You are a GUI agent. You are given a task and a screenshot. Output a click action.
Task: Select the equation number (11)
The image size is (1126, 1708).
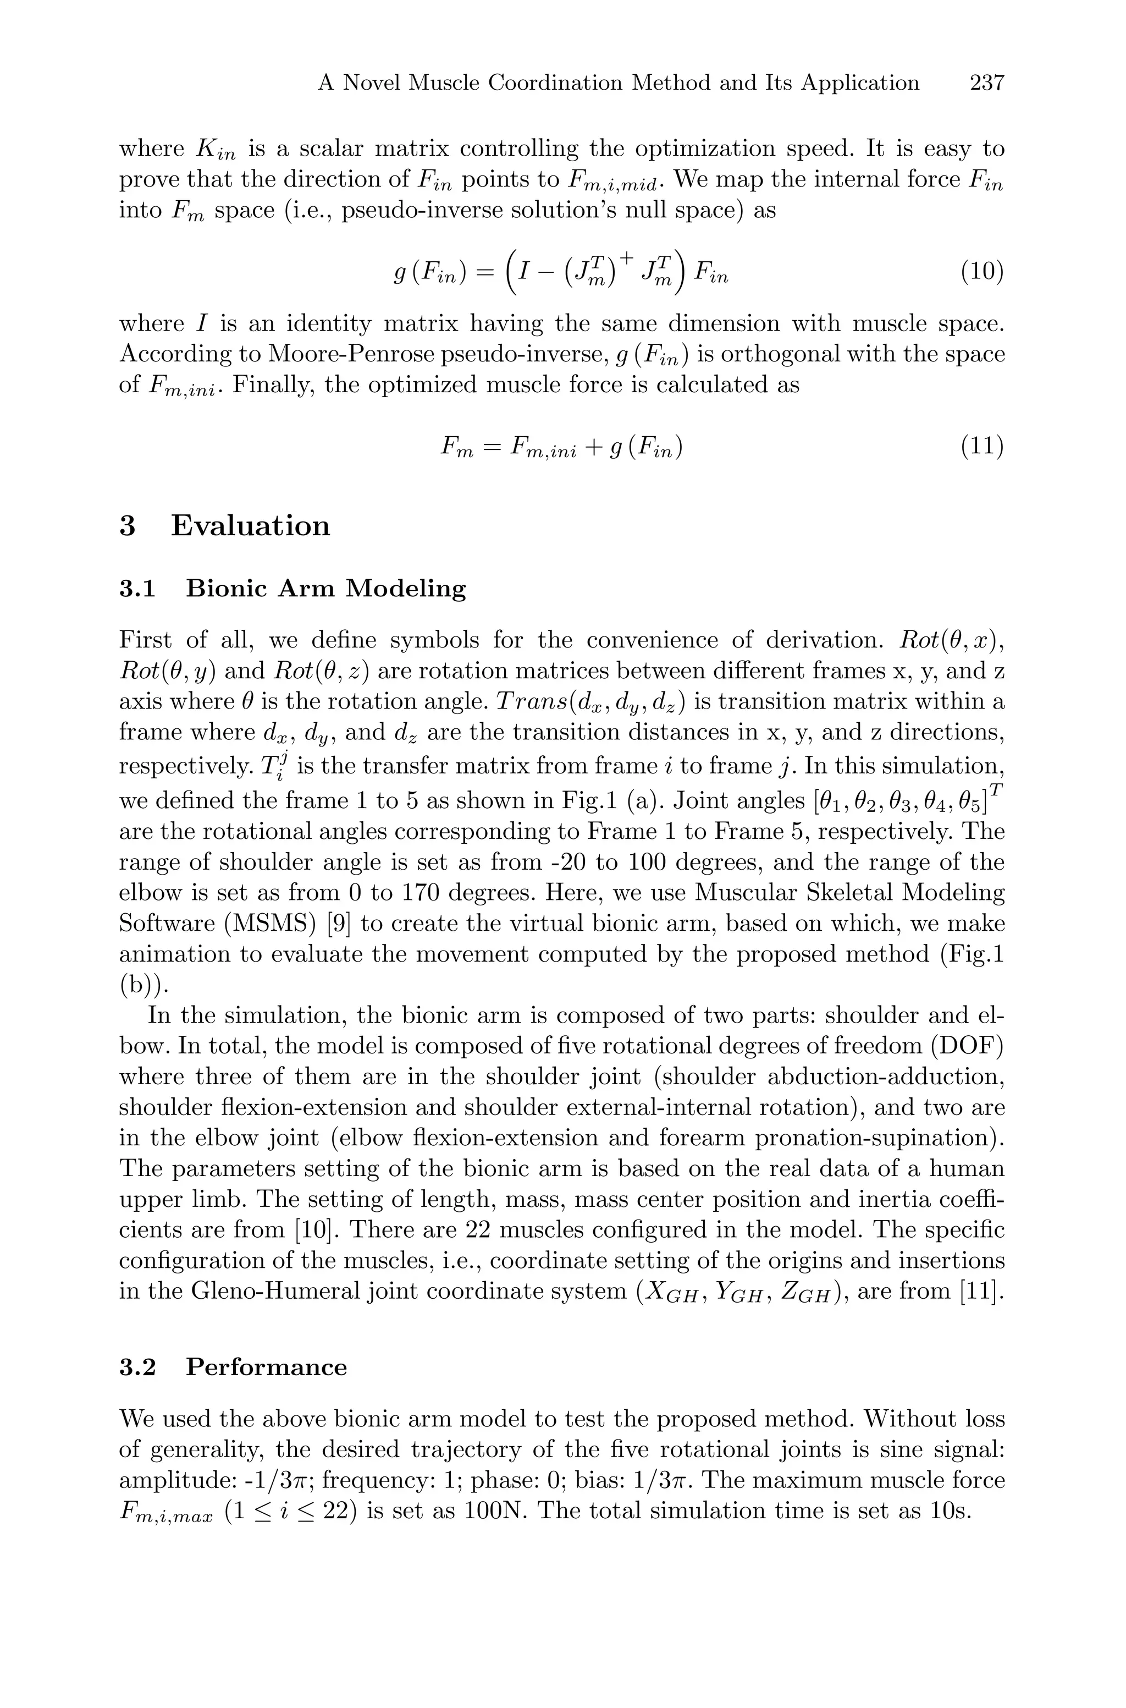[x=981, y=447]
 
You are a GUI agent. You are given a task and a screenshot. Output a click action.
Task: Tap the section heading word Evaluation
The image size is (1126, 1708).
[x=250, y=526]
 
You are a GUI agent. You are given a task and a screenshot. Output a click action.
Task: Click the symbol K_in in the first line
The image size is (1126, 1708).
[x=216, y=151]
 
